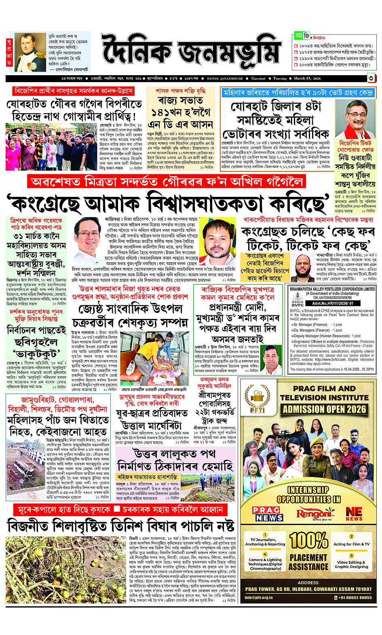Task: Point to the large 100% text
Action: click(308, 540)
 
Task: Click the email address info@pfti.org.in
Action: click(260, 597)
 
